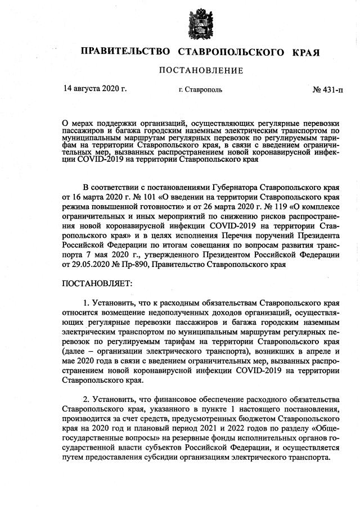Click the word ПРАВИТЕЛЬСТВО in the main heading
125,52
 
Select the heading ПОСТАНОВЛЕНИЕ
201,71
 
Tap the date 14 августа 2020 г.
95,89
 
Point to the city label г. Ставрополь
200,89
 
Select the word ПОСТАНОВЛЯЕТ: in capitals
97,284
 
